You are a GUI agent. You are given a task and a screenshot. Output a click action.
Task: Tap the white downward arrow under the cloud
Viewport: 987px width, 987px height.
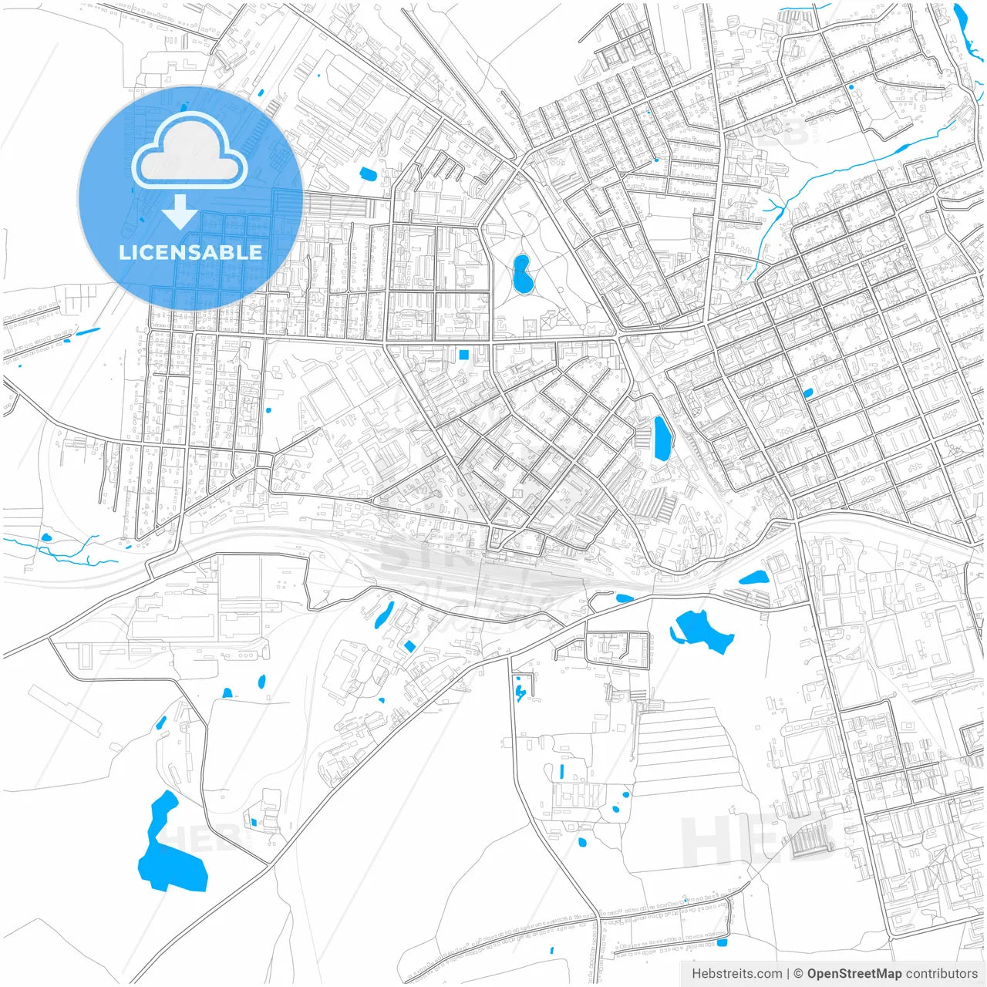pyautogui.click(x=180, y=212)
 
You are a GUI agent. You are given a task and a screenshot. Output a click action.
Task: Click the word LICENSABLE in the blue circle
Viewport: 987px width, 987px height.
pyautogui.click(x=190, y=252)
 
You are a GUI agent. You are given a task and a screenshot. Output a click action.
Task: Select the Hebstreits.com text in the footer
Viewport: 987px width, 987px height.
pyautogui.click(x=736, y=974)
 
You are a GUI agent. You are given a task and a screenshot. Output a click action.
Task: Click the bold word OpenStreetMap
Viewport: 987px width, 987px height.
pyautogui.click(x=854, y=974)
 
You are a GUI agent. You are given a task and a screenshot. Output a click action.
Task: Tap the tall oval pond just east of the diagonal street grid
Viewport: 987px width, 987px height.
pyautogui.click(x=662, y=438)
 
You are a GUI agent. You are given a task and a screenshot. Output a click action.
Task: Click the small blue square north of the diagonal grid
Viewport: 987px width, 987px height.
pyautogui.click(x=463, y=355)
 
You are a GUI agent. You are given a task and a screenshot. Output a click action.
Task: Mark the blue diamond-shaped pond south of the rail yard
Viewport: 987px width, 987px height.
pyautogui.click(x=409, y=645)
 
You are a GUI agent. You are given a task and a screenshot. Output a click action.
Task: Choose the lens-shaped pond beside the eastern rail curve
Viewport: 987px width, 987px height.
pyautogui.click(x=753, y=577)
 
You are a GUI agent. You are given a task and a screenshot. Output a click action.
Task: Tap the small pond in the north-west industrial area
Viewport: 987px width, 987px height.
pyautogui.click(x=368, y=173)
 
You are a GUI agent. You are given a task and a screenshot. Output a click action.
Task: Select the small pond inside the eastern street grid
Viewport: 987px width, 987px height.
pyautogui.click(x=807, y=393)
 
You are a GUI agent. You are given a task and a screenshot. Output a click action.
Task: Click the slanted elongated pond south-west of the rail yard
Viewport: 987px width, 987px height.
pyautogui.click(x=383, y=615)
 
